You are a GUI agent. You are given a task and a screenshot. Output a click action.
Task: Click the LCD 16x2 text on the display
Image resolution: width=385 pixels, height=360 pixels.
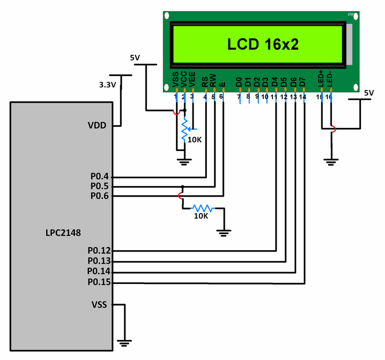point(262,44)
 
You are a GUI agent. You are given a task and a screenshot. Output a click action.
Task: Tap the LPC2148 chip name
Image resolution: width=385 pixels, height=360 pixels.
point(63,233)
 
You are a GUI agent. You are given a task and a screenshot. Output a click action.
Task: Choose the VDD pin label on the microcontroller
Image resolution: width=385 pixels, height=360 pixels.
point(98,125)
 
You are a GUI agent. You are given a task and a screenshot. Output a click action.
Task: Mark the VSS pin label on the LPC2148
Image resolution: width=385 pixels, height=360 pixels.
point(99,305)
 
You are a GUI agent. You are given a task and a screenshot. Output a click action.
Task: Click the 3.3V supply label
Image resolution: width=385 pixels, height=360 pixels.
point(107,85)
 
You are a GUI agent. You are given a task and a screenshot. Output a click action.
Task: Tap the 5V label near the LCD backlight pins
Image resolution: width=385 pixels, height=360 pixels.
point(369,93)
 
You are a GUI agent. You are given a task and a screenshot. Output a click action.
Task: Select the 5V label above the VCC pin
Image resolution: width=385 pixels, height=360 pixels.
point(135,58)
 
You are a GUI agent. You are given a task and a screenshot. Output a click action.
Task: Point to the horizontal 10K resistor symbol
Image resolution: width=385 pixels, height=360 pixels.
point(202,208)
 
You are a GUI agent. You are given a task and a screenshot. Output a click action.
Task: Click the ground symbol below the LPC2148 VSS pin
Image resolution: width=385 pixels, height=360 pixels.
point(124,342)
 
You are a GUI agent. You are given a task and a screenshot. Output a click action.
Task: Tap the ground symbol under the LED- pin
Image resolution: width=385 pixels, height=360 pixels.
point(331,162)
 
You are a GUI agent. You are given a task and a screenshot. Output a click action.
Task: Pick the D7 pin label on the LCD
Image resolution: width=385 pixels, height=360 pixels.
point(303,81)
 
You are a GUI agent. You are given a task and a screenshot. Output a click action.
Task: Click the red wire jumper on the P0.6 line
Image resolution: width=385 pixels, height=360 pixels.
point(180,196)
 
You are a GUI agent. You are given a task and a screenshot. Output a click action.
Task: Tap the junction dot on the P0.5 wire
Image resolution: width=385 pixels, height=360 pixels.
point(182,186)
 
